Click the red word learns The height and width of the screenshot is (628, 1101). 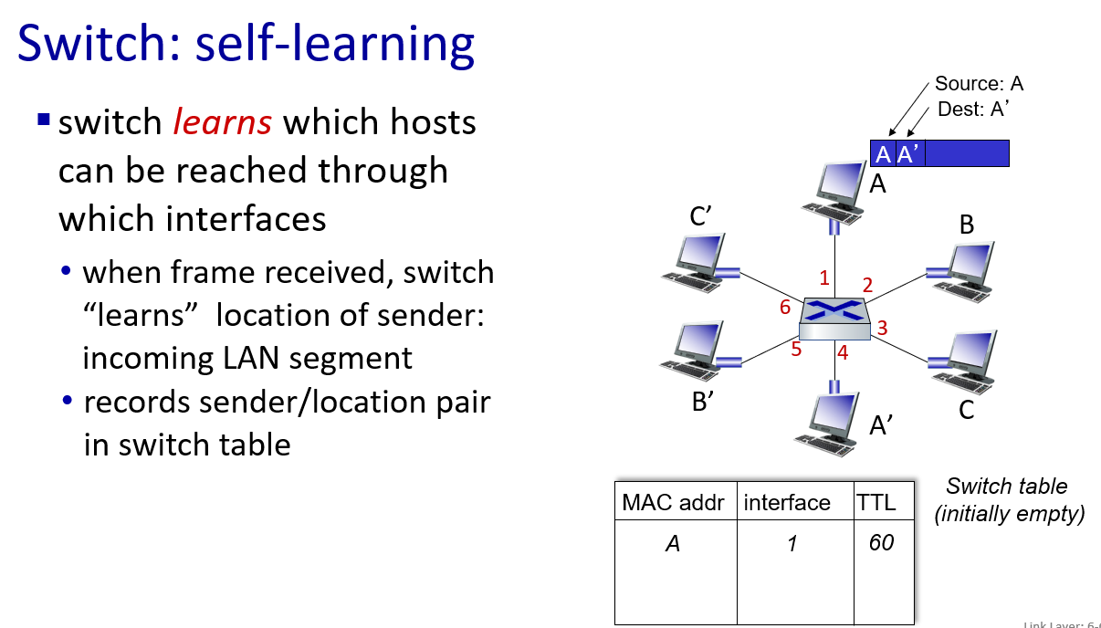(x=223, y=121)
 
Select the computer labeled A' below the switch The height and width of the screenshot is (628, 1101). (x=829, y=424)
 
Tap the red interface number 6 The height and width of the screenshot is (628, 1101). (x=785, y=308)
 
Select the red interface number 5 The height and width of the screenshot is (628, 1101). (x=796, y=349)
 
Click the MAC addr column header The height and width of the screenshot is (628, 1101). (x=673, y=502)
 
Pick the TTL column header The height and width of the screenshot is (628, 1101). (x=876, y=502)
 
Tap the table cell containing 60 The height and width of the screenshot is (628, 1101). (x=881, y=543)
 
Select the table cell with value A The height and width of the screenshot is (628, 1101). (x=673, y=544)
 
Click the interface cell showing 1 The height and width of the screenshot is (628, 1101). (x=792, y=544)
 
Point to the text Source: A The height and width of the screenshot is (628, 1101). (x=979, y=84)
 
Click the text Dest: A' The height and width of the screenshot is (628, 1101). (x=973, y=110)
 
